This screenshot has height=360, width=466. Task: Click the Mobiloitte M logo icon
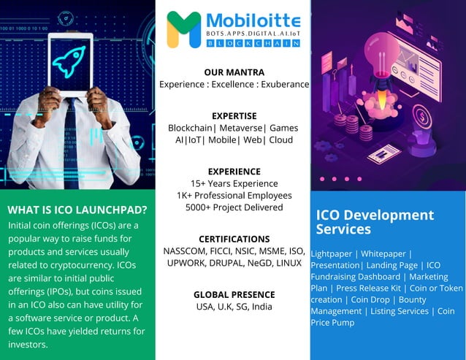[x=183, y=29]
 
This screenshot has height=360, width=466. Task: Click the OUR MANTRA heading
[x=234, y=72]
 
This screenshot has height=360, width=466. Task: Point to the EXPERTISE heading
[x=234, y=115]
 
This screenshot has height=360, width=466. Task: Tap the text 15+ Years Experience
[x=234, y=183]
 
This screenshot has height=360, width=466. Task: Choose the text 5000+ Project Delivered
[x=234, y=207]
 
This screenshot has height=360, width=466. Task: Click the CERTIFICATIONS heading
[x=234, y=239]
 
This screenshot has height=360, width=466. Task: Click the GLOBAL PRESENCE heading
[x=234, y=294]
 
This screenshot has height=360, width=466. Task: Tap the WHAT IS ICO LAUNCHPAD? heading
[x=77, y=210]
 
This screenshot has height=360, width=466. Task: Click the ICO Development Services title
[x=375, y=222]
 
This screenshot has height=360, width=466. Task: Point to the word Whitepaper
[x=383, y=253]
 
